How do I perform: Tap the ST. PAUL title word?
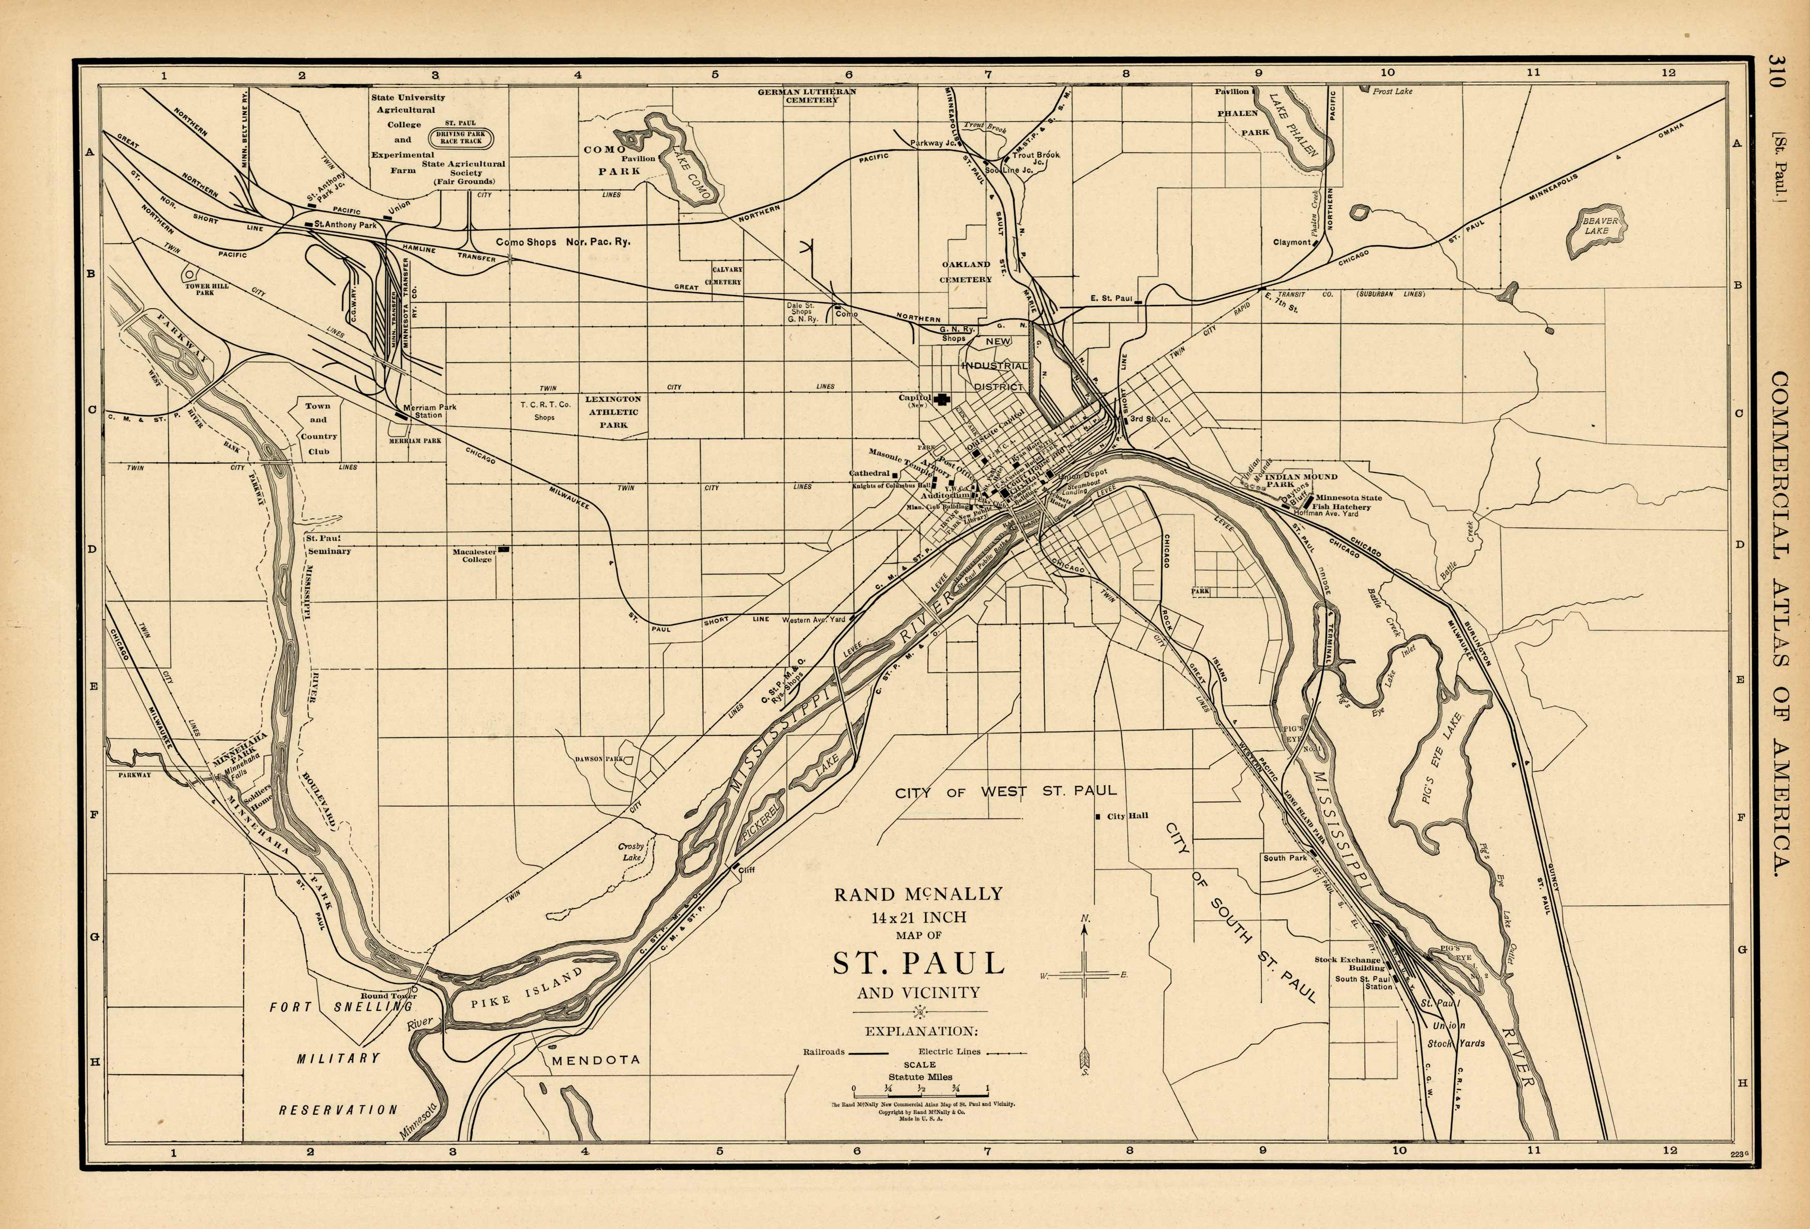[x=918, y=963]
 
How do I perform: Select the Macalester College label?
[x=474, y=555]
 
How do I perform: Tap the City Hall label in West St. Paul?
[x=1127, y=815]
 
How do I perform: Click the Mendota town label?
[x=596, y=1060]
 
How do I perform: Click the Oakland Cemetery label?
[x=965, y=271]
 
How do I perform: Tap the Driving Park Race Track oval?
[x=460, y=138]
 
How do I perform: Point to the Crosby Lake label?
[x=630, y=851]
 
